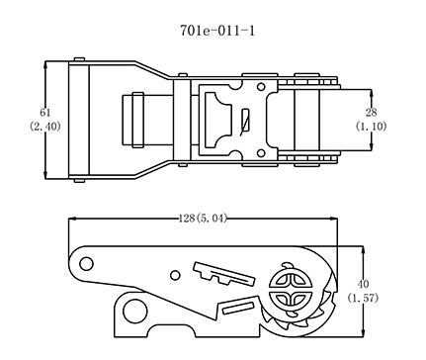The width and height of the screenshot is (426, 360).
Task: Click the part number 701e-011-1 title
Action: tap(217, 31)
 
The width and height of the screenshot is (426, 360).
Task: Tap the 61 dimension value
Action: tap(45, 113)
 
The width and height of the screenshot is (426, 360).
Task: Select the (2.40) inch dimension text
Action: tap(45, 127)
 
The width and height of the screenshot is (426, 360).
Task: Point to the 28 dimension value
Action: tap(371, 113)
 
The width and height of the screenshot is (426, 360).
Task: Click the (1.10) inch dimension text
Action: tap(371, 127)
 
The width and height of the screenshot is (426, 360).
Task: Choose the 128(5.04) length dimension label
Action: tap(203, 219)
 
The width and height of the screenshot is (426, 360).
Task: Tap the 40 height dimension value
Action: tap(363, 284)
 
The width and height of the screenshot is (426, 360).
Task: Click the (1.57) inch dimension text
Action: tap(363, 298)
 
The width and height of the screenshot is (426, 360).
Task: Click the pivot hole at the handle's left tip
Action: tap(86, 264)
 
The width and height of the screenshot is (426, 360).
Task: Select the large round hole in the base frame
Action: tap(134, 312)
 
